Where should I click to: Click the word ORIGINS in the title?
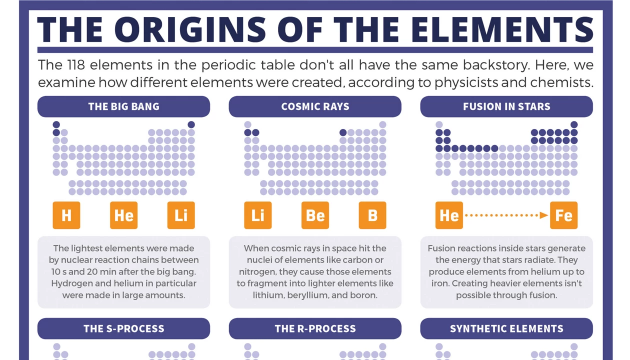(x=190, y=29)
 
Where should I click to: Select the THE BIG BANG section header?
(x=124, y=106)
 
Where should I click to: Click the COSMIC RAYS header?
(x=315, y=106)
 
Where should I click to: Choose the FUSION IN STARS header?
(x=506, y=106)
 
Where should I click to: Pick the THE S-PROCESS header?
(x=124, y=328)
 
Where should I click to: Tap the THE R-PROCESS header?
(x=315, y=328)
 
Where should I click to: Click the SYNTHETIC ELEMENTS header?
(x=506, y=328)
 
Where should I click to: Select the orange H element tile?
(x=66, y=215)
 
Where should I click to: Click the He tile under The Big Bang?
(x=124, y=215)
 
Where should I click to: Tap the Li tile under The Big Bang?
(x=181, y=215)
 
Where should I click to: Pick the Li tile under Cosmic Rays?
(x=258, y=215)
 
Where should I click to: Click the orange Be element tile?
(x=315, y=215)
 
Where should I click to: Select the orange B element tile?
(x=372, y=215)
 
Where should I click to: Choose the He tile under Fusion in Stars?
(x=449, y=215)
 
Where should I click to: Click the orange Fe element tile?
(x=564, y=215)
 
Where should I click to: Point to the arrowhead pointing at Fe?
(x=544, y=215)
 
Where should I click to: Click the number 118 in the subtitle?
(x=76, y=65)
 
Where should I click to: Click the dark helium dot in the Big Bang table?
(x=191, y=124)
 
